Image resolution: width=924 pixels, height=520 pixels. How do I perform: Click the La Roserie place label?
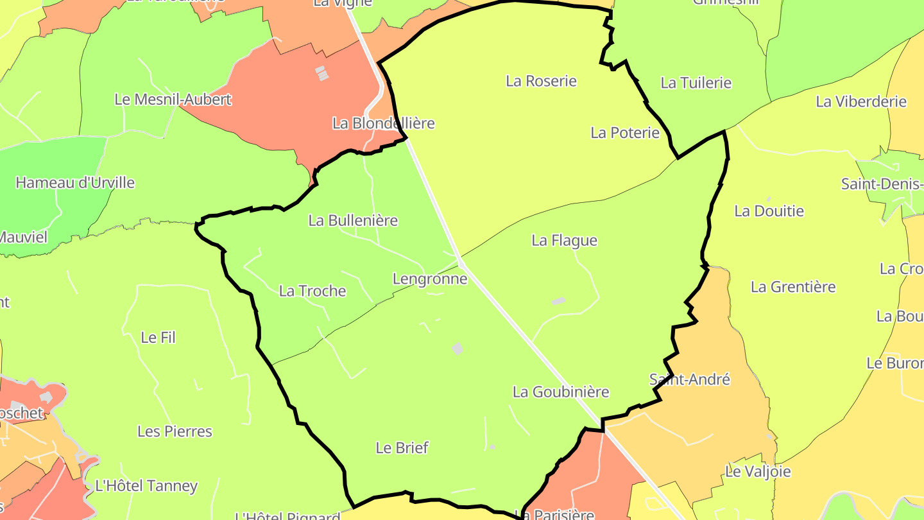(541, 81)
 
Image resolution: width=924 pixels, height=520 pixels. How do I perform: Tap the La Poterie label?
(624, 133)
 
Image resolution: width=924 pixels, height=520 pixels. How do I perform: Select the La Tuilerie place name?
(696, 83)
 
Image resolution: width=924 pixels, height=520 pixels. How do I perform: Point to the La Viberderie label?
(860, 101)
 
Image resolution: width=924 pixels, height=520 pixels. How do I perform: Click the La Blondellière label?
(383, 123)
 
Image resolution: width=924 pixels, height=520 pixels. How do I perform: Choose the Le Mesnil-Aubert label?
(173, 100)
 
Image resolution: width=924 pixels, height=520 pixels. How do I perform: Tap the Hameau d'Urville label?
(75, 182)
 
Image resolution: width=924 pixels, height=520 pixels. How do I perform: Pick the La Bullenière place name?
(353, 220)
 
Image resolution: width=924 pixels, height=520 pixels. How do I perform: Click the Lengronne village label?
(429, 279)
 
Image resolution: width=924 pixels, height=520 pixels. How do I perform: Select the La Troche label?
(312, 291)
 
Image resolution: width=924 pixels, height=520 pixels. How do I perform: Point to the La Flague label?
(564, 240)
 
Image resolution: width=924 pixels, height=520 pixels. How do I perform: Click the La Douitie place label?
(769, 211)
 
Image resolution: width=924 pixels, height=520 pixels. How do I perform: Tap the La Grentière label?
(793, 286)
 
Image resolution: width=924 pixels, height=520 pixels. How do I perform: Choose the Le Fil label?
(158, 337)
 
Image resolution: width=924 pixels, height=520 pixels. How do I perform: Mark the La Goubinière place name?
(560, 392)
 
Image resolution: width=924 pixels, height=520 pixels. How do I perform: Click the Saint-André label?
(690, 379)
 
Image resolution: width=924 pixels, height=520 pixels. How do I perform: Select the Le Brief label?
(402, 447)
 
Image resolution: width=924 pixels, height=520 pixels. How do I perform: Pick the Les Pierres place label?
(175, 431)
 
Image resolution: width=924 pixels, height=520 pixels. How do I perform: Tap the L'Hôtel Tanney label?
(146, 485)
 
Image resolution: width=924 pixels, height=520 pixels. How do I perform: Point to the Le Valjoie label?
(757, 471)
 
